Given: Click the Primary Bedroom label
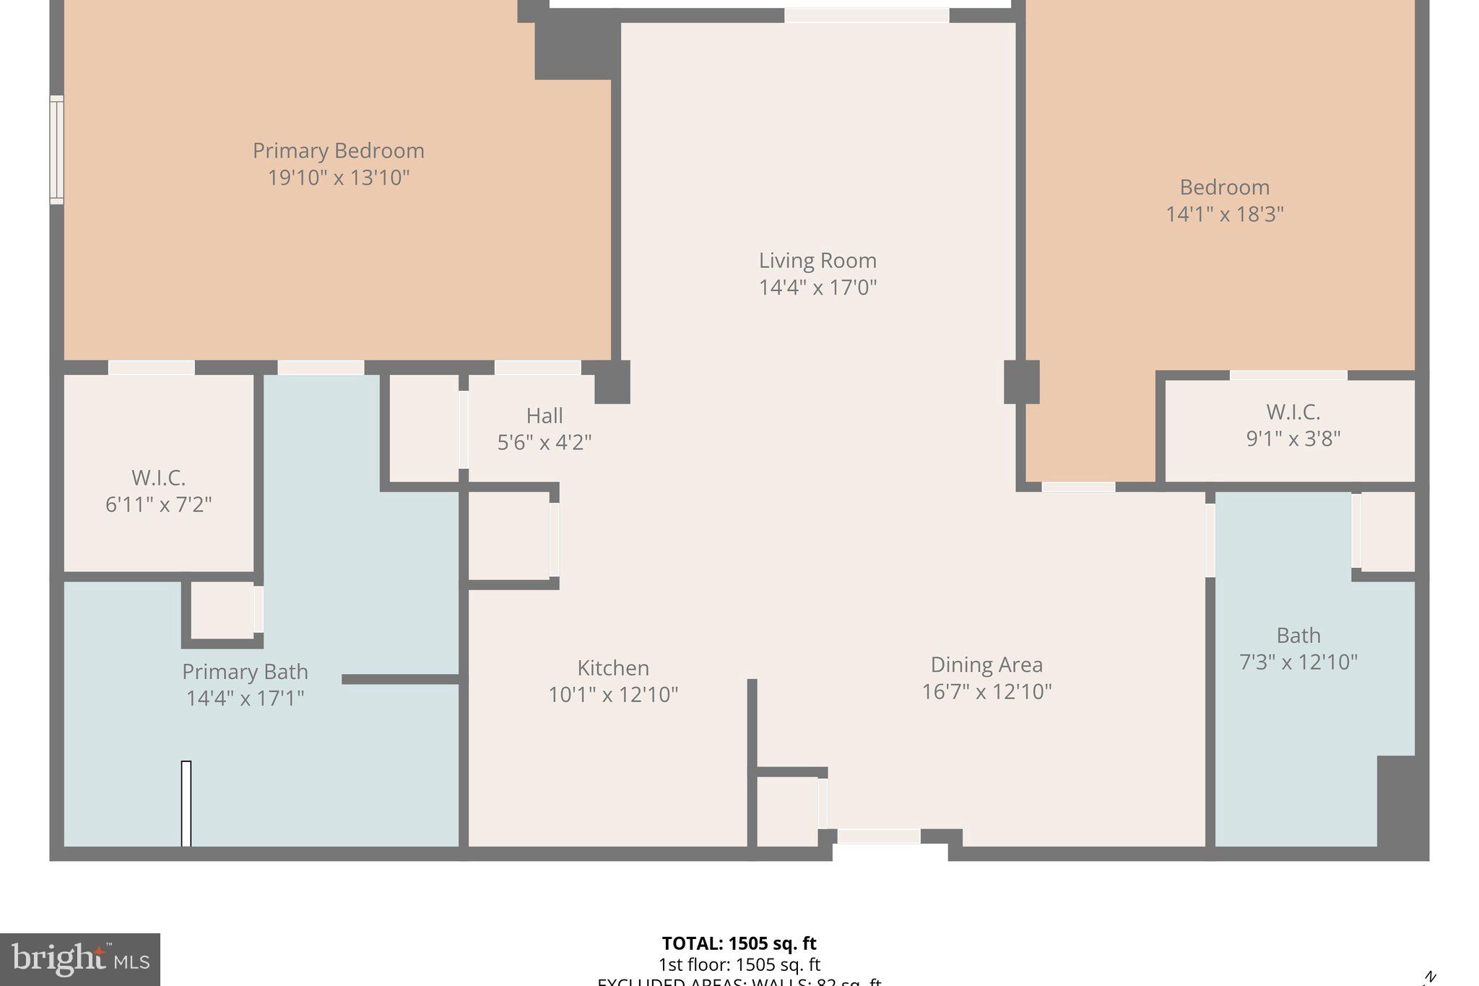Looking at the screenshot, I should pos(338,151).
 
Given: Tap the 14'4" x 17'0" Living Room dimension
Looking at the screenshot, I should pos(817,287).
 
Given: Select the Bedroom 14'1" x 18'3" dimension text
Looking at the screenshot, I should pos(1225,215).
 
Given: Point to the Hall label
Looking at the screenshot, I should pos(545,415).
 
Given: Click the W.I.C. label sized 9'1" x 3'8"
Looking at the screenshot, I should pos(1293,412).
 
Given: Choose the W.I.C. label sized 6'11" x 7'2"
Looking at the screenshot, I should pos(158,478).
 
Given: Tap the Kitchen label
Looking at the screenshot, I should pos(613,667).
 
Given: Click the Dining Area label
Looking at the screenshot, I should pos(986,665).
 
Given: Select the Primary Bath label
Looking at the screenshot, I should pos(245,672).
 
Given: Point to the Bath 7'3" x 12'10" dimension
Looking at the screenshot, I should pos(1298,662).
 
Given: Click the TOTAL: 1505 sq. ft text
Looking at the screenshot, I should pos(739,943).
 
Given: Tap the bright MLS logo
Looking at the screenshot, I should pos(80,959).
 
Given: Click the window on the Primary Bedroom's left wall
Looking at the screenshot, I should pos(56,150).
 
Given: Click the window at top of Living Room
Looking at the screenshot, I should pos(867,15).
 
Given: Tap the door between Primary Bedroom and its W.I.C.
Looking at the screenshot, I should pos(151,368).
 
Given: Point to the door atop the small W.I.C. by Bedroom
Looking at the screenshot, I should pos(1288,375).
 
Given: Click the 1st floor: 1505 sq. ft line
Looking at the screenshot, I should pos(739,964).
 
